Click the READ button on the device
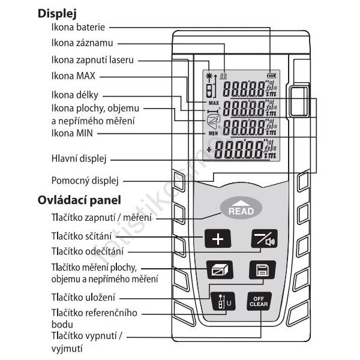click(x=241, y=208)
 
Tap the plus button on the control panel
click(x=217, y=239)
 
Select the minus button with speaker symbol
click(x=264, y=239)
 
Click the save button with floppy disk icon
click(x=261, y=269)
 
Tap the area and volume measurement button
click(x=217, y=269)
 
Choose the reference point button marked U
click(x=220, y=301)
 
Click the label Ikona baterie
click(x=79, y=28)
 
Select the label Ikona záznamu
click(x=82, y=43)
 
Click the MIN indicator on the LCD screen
click(x=212, y=133)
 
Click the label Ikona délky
click(x=76, y=95)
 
